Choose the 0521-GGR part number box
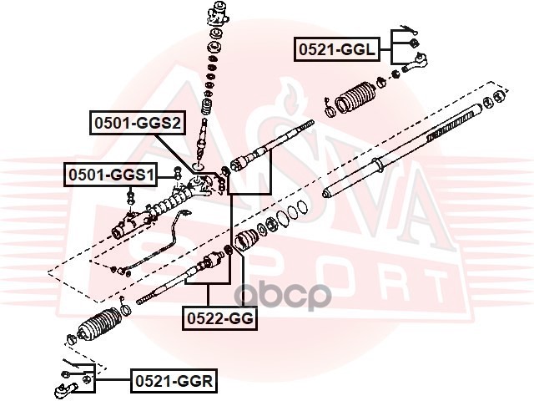pyautogui.click(x=174, y=382)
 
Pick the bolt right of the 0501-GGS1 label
pyautogui.click(x=177, y=174)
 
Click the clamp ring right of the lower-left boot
pyautogui.click(x=124, y=312)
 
